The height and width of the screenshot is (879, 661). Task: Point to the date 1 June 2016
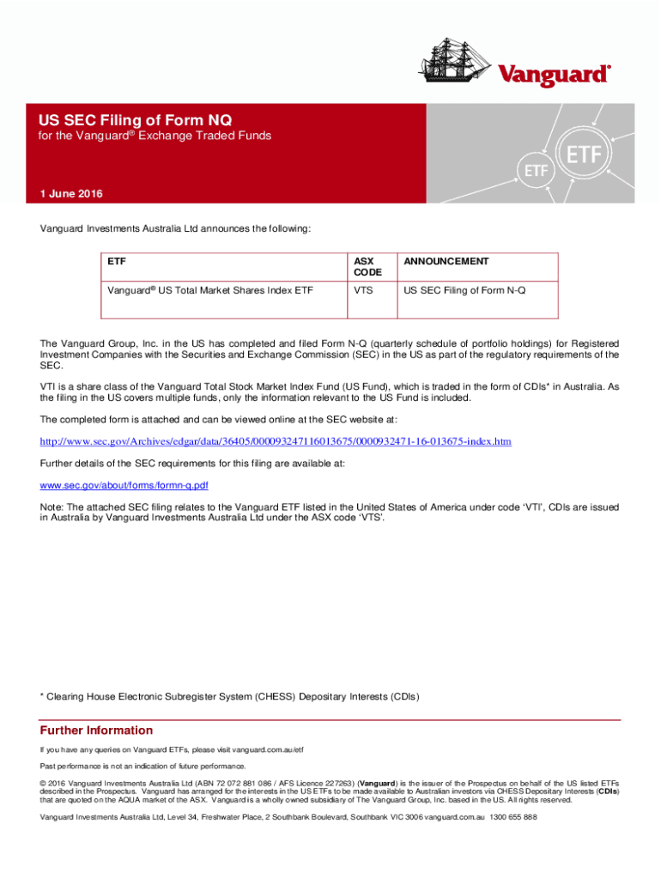(71, 194)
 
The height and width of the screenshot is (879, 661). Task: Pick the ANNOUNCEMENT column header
(446, 261)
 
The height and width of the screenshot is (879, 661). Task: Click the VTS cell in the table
(363, 290)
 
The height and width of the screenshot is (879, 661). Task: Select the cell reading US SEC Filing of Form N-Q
(464, 290)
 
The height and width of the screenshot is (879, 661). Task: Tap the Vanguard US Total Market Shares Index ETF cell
(210, 290)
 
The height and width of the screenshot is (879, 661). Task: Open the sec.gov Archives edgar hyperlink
(276, 441)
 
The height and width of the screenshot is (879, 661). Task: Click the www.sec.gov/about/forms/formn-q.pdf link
(124, 485)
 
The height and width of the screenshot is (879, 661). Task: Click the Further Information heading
(96, 730)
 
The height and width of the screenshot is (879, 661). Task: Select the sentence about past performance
(143, 766)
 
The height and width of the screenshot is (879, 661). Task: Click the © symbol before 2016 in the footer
(44, 783)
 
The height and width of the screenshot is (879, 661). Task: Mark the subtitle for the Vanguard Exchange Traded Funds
(155, 136)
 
